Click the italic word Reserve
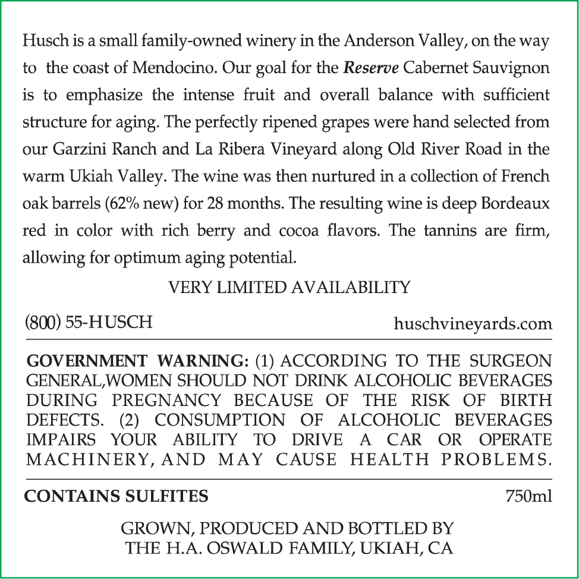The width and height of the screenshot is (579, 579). tap(371, 68)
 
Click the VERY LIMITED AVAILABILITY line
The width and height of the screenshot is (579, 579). tap(289, 288)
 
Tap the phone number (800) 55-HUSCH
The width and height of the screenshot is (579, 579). tap(88, 322)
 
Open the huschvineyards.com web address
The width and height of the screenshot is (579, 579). tap(473, 325)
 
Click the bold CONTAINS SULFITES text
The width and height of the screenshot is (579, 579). tap(116, 496)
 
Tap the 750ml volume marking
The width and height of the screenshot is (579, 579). tap(528, 496)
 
